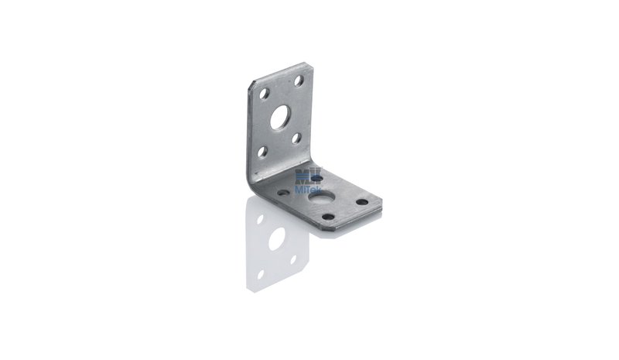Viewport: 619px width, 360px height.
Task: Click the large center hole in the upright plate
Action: pyautogui.click(x=279, y=118)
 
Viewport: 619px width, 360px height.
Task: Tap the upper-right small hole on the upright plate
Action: pyautogui.click(x=299, y=81)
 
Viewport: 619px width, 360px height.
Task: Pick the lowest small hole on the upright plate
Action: pyautogui.click(x=262, y=152)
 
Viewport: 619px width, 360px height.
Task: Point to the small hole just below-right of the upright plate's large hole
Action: pyautogui.click(x=296, y=139)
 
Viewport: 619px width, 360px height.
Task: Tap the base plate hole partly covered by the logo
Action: pyautogui.click(x=316, y=179)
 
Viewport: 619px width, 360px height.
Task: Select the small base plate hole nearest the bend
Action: pyautogui.click(x=283, y=194)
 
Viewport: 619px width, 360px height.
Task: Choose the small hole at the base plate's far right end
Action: pyautogui.click(x=362, y=202)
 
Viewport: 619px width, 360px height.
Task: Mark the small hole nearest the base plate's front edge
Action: pyautogui.click(x=328, y=217)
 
